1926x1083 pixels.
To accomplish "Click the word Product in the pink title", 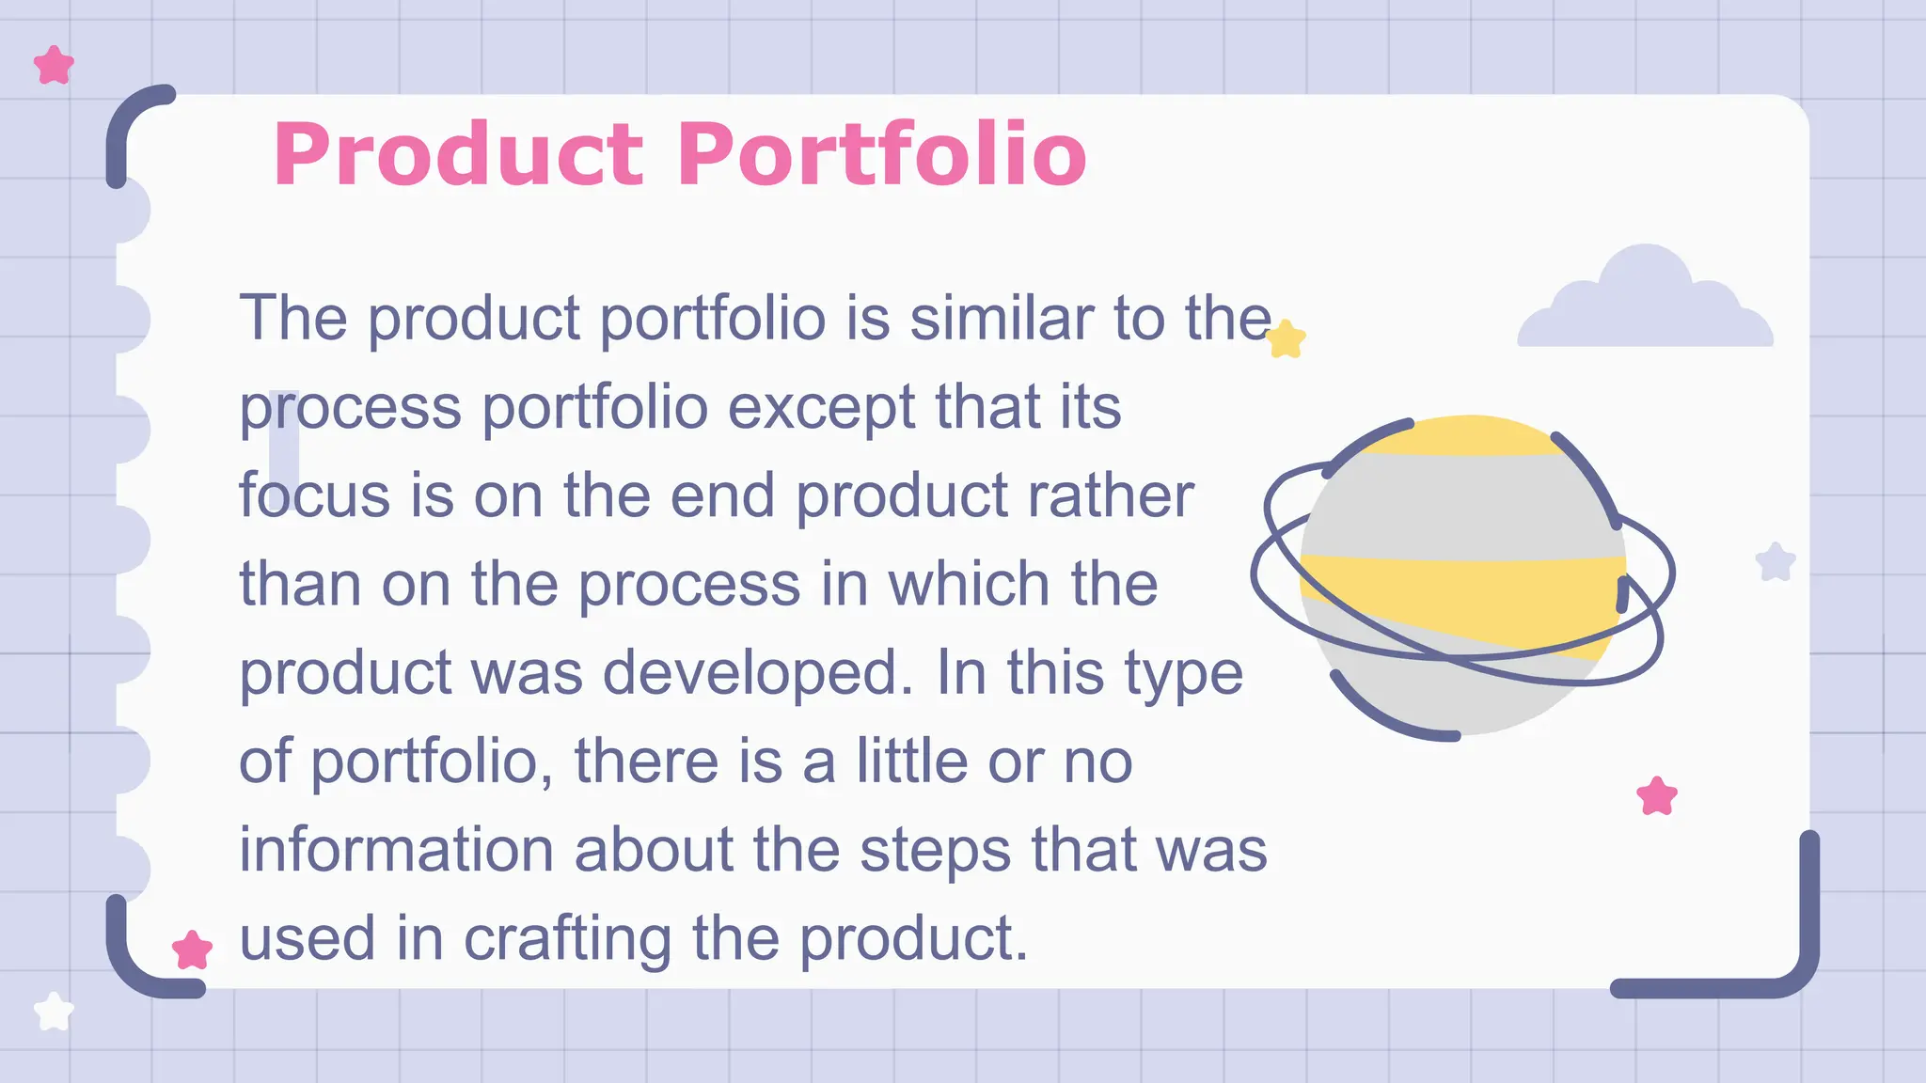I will click(458, 154).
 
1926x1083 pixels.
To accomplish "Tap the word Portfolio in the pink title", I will click(881, 154).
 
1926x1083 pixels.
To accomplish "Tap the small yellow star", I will click(1286, 339).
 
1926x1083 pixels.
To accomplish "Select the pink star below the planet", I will click(1656, 796).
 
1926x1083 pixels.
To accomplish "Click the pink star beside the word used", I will click(192, 950).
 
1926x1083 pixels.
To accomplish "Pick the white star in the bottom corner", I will click(54, 1012).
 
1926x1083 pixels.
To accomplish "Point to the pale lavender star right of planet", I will click(1776, 562).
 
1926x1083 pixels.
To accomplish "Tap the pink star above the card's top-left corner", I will click(54, 66).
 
